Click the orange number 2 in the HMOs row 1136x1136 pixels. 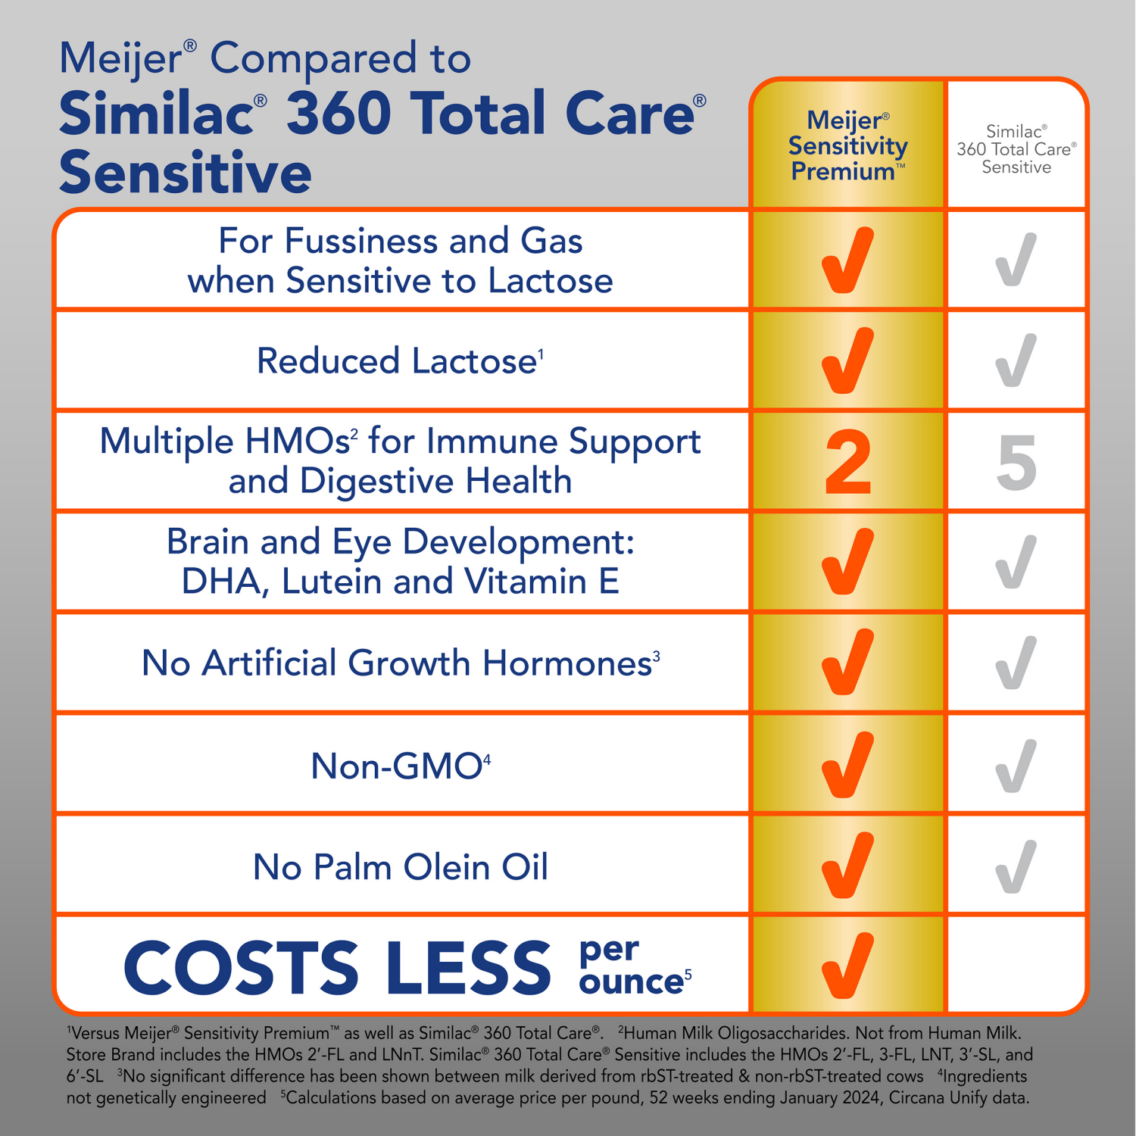coord(847,462)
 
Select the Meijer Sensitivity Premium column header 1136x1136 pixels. coord(847,145)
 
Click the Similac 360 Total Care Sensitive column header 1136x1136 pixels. coord(1016,149)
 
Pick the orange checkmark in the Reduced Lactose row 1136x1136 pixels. coord(847,360)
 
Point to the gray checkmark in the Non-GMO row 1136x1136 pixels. coord(1016,765)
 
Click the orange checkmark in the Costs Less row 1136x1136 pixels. coord(847,965)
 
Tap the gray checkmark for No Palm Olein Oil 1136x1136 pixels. coord(1016,866)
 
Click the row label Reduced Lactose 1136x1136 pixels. coord(400,360)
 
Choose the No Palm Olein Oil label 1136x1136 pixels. coord(400,866)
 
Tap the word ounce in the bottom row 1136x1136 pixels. coord(632,982)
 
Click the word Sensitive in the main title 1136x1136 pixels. coord(186,173)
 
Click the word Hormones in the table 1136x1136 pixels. coord(567,663)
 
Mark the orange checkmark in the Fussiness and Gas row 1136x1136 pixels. coord(847,260)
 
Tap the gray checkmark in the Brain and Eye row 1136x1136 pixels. coord(1016,562)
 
